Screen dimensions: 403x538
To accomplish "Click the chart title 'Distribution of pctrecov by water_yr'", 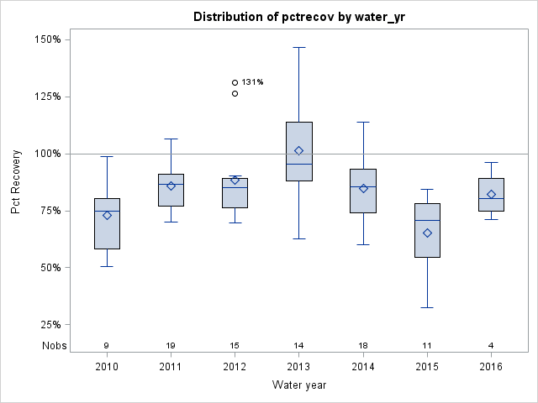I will (x=299, y=17).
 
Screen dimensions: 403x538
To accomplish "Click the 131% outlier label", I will (x=252, y=82).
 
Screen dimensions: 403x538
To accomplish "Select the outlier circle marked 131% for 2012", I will (x=235, y=82).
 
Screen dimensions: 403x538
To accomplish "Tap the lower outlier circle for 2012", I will (x=235, y=93).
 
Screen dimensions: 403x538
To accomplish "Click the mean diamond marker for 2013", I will (x=299, y=150).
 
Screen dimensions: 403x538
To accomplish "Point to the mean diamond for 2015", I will (x=427, y=233).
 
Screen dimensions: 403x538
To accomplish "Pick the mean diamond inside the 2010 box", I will (x=107, y=215).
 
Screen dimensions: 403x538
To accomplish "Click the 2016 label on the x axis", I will (x=491, y=368).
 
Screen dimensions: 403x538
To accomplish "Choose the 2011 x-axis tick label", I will (x=171, y=368).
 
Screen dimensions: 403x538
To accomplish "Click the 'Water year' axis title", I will (x=299, y=385).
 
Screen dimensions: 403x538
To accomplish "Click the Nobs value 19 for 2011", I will (x=171, y=345).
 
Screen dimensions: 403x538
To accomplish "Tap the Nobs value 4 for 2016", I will (x=491, y=345).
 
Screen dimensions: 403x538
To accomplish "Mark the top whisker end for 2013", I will (x=299, y=48).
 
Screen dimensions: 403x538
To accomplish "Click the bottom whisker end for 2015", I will (x=427, y=307).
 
